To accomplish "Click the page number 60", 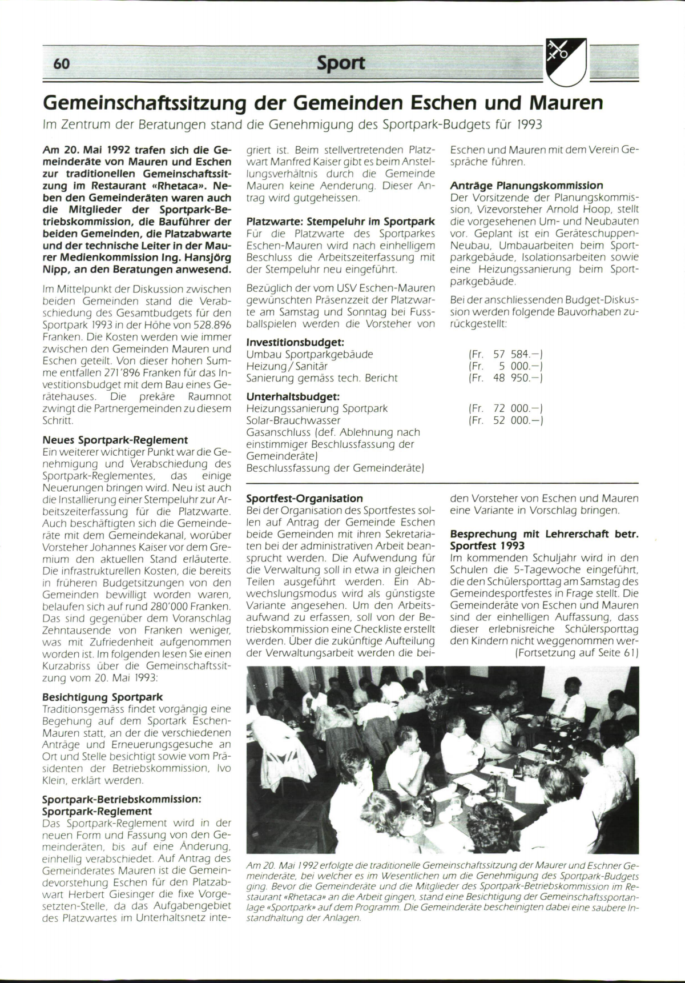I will point(62,63).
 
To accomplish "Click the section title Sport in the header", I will point(341,63).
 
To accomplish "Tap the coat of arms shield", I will point(566,61).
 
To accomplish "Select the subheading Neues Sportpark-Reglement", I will point(115,440).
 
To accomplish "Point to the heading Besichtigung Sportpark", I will point(103,697).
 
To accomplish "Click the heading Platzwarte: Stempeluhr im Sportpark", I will point(341,222).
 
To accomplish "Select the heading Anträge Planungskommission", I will point(526,186).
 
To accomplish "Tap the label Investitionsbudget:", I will point(295,342).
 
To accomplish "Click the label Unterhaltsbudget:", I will point(293,396).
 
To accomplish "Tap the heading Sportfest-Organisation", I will point(305,498).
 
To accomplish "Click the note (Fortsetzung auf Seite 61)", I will point(577,653).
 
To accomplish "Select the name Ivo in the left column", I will point(224,768).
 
